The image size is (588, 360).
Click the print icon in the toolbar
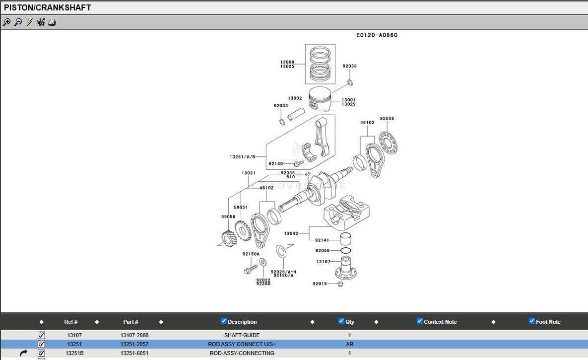[x=52, y=22]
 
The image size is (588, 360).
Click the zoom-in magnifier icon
[x=6, y=22]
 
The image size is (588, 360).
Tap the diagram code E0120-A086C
[x=377, y=35]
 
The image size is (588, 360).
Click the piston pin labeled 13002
[x=296, y=110]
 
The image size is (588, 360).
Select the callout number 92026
[x=387, y=119]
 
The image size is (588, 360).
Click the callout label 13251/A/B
[x=242, y=157]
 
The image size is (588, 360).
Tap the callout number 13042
[x=291, y=233]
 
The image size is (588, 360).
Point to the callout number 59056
[x=228, y=216]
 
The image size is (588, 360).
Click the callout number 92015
[x=320, y=284]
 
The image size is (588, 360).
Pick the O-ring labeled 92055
[x=346, y=251]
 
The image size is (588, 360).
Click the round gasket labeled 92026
[x=389, y=142]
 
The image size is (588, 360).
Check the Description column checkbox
[x=223, y=321]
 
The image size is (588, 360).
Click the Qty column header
[x=350, y=322]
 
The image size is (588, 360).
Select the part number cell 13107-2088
[x=134, y=335]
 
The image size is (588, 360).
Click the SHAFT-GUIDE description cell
[x=242, y=335]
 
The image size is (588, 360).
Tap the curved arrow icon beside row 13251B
[x=23, y=353]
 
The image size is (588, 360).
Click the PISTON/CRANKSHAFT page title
[x=48, y=8]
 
